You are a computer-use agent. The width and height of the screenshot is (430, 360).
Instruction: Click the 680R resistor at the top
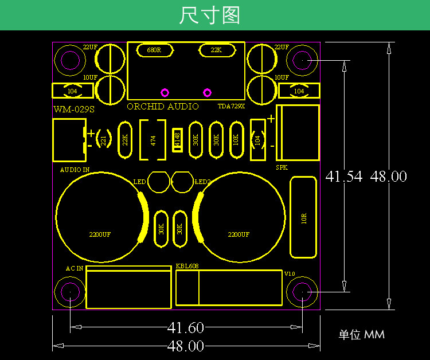(x=154, y=50)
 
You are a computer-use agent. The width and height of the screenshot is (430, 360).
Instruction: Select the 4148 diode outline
(x=177, y=139)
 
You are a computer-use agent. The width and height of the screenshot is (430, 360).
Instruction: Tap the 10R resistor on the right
(x=303, y=217)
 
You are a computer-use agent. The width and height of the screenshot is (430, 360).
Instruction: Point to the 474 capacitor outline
(x=153, y=140)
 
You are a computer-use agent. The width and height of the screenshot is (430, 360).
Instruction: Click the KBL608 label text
(x=187, y=267)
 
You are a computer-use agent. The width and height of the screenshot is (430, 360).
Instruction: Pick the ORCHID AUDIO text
(x=163, y=107)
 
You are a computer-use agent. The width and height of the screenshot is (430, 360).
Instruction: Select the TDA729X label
(x=231, y=107)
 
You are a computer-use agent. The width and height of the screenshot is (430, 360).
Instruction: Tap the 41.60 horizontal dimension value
(x=186, y=328)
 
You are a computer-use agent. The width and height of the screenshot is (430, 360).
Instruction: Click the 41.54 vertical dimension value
(x=344, y=177)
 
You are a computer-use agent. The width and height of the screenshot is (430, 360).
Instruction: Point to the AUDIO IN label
(x=75, y=170)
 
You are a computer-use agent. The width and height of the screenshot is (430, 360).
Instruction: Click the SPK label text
(x=282, y=168)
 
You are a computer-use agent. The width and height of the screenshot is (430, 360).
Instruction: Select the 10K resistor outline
(x=235, y=139)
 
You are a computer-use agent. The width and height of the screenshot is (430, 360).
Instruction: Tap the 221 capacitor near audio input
(x=104, y=139)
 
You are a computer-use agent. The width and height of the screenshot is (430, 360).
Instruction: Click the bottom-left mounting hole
(x=70, y=292)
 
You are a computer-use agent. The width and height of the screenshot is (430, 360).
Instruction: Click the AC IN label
(x=75, y=268)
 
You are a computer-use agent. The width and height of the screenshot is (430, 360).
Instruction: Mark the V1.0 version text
(x=290, y=273)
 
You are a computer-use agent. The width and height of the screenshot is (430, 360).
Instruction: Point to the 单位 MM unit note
(x=361, y=335)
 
